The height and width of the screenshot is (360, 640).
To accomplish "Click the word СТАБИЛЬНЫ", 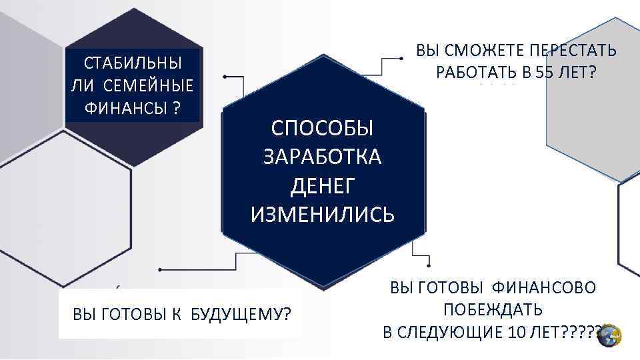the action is [x=133, y=64].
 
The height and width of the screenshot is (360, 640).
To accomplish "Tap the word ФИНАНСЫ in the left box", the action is [x=124, y=108].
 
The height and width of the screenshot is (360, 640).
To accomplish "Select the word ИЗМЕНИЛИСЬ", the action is [x=323, y=215].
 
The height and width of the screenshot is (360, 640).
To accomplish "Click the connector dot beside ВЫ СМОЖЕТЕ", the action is [x=400, y=59].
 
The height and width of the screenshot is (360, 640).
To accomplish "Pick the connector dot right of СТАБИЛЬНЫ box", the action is [x=225, y=78].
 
